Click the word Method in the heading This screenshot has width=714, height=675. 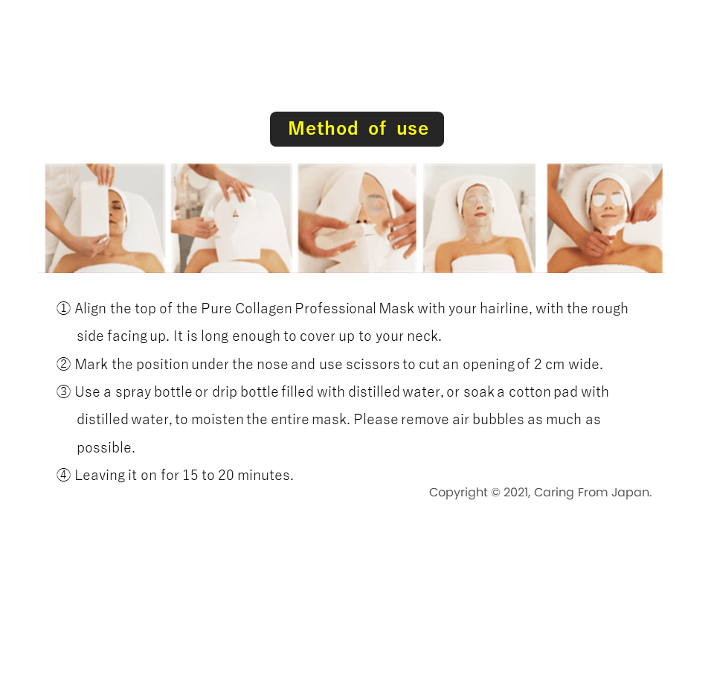[x=324, y=129]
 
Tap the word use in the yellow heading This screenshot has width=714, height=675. [x=413, y=129]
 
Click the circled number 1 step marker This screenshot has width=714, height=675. [x=63, y=309]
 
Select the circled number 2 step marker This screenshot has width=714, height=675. [x=63, y=364]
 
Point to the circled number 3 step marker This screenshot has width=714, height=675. [x=63, y=391]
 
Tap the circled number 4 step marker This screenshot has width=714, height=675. [x=63, y=475]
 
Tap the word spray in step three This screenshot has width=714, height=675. [x=132, y=392]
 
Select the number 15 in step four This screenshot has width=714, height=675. [x=190, y=476]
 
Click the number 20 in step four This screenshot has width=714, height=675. [x=226, y=476]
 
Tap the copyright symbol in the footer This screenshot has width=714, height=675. [x=495, y=493]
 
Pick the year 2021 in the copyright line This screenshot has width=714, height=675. [x=517, y=493]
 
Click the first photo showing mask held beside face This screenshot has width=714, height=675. [x=105, y=218]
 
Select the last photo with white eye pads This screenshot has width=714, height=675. [x=605, y=218]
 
